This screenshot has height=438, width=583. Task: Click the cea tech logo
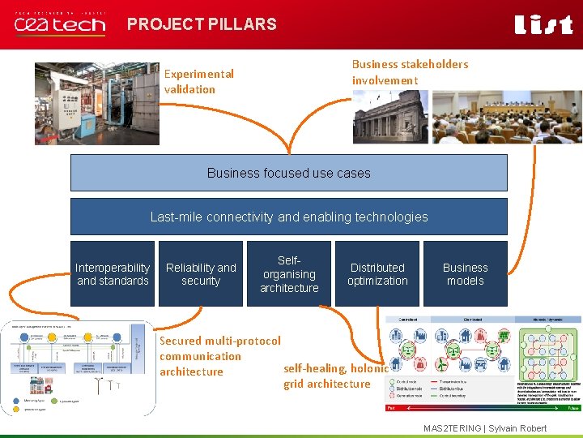tap(60, 24)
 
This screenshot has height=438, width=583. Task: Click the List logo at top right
tap(543, 25)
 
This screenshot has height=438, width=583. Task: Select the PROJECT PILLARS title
tap(202, 24)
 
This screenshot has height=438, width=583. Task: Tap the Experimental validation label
tap(198, 81)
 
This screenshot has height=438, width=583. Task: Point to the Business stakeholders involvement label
tap(410, 72)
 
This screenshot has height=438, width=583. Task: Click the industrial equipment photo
tap(96, 103)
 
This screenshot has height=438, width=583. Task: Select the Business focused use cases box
tap(288, 173)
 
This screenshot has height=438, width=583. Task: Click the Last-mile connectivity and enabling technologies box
tap(288, 217)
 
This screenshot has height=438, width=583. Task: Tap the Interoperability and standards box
tap(113, 274)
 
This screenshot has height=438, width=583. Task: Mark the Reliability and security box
tap(201, 274)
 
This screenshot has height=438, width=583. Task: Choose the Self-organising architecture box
tap(289, 274)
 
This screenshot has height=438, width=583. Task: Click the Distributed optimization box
tap(377, 274)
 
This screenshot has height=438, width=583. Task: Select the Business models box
tap(466, 274)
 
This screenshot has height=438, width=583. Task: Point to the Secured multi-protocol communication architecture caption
tap(219, 356)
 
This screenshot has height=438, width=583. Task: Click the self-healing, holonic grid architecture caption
tap(335, 376)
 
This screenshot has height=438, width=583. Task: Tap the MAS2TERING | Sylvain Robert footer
tap(485, 428)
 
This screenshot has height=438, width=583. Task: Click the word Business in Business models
tap(466, 268)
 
